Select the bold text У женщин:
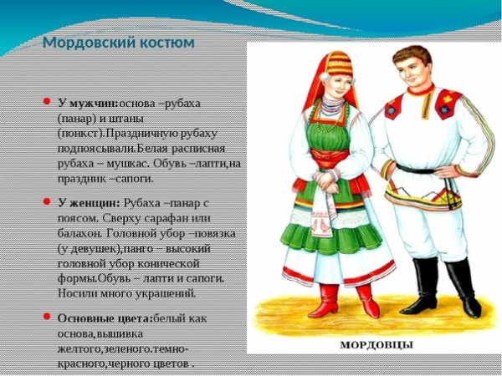(89, 203)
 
